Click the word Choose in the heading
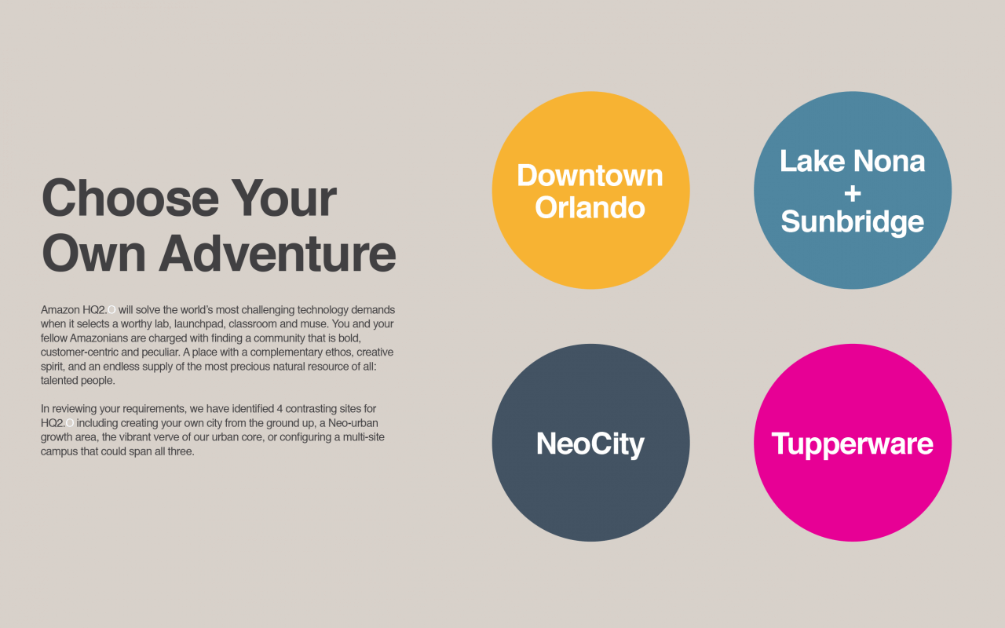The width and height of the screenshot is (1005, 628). point(130,198)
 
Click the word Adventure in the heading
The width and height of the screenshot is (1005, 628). point(277,254)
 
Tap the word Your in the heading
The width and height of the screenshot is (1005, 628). point(284,198)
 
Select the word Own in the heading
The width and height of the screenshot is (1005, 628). point(93,254)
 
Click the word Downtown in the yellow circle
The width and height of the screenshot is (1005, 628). point(590,175)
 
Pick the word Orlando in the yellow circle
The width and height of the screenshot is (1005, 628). point(590,208)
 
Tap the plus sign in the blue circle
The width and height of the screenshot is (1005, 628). point(853,194)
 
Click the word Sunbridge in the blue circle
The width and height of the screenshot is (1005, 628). point(853,222)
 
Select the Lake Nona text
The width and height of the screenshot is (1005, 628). point(853,161)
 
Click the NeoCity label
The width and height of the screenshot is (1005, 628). point(590,444)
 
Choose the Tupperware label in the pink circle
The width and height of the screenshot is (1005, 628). point(853,444)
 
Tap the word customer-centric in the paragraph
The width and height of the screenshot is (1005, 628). point(79,352)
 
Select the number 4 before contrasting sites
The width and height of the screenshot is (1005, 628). point(280,409)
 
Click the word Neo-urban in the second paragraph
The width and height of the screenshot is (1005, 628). point(353,423)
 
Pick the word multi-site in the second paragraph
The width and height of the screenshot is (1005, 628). point(364,437)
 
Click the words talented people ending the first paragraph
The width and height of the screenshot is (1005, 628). point(78,381)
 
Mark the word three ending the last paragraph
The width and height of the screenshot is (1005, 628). point(181,451)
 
